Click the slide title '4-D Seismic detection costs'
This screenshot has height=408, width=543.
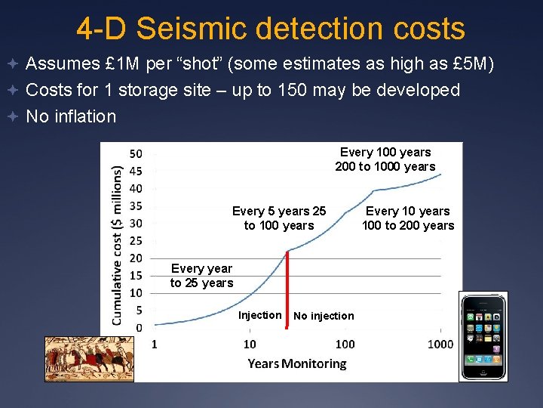[271, 28]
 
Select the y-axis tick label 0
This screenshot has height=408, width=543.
[138, 327]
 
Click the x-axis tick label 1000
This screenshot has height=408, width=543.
[440, 345]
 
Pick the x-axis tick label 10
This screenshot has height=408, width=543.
[250, 345]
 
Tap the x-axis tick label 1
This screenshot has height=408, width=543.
[155, 345]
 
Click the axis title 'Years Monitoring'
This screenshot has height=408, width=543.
[297, 363]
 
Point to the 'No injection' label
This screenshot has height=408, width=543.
[324, 316]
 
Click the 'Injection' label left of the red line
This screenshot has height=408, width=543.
[260, 315]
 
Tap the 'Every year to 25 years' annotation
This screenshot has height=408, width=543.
[201, 276]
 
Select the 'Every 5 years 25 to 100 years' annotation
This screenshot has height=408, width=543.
[279, 218]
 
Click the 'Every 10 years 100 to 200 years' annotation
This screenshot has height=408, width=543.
[408, 218]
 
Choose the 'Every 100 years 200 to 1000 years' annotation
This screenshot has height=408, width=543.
[385, 159]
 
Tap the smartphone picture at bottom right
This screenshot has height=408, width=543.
[483, 336]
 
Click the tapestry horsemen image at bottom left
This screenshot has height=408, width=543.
[90, 358]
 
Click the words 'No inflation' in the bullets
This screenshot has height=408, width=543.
[71, 116]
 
